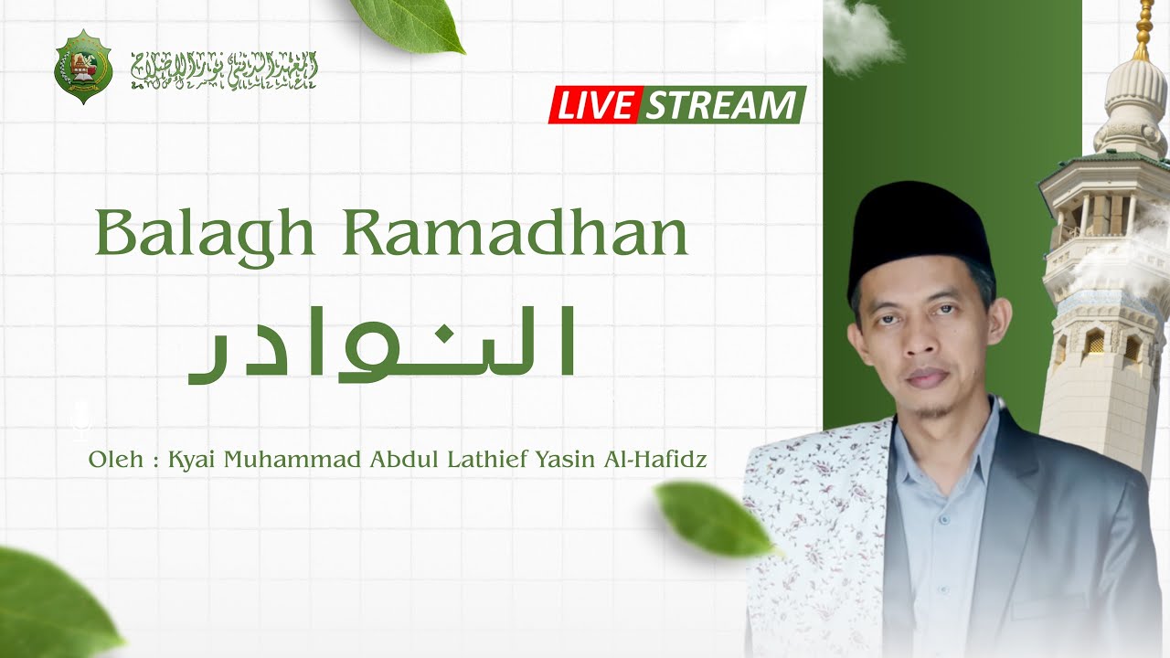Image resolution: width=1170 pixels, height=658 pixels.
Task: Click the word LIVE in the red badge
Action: (595, 105)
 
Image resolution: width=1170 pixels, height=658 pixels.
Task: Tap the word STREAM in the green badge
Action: (720, 105)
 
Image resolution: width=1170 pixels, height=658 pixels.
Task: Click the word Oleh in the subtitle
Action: (116, 459)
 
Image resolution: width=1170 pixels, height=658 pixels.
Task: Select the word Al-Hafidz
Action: (654, 459)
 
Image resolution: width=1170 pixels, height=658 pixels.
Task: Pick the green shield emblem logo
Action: (83, 66)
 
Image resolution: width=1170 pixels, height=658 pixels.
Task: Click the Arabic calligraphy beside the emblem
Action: (224, 69)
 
